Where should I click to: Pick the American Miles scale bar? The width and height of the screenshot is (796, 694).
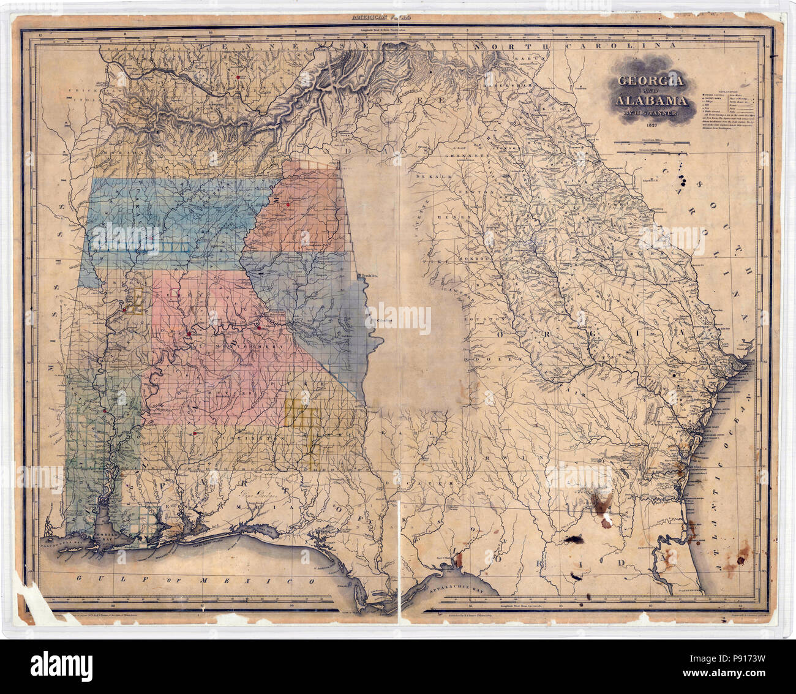(654, 143)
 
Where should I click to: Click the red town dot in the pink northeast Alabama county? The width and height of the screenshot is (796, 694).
(287, 204)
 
